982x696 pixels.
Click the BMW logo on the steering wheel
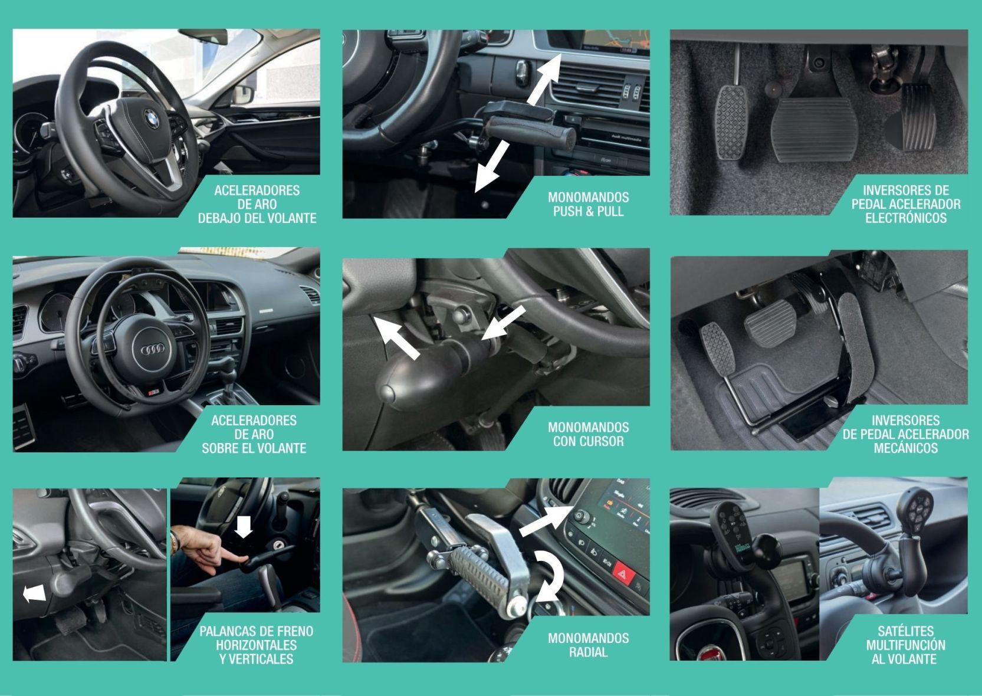[151, 119]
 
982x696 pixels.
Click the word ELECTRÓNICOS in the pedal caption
[906, 218]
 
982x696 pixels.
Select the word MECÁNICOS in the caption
[906, 448]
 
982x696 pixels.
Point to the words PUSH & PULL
[589, 211]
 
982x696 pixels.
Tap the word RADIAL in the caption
[589, 652]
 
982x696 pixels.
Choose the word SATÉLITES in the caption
[906, 631]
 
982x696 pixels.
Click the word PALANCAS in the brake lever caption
[226, 632]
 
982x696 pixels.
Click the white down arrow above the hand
[244, 527]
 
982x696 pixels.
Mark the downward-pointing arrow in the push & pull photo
[492, 167]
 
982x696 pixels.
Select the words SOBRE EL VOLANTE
[254, 448]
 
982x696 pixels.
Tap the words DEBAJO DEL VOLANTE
[257, 218]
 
